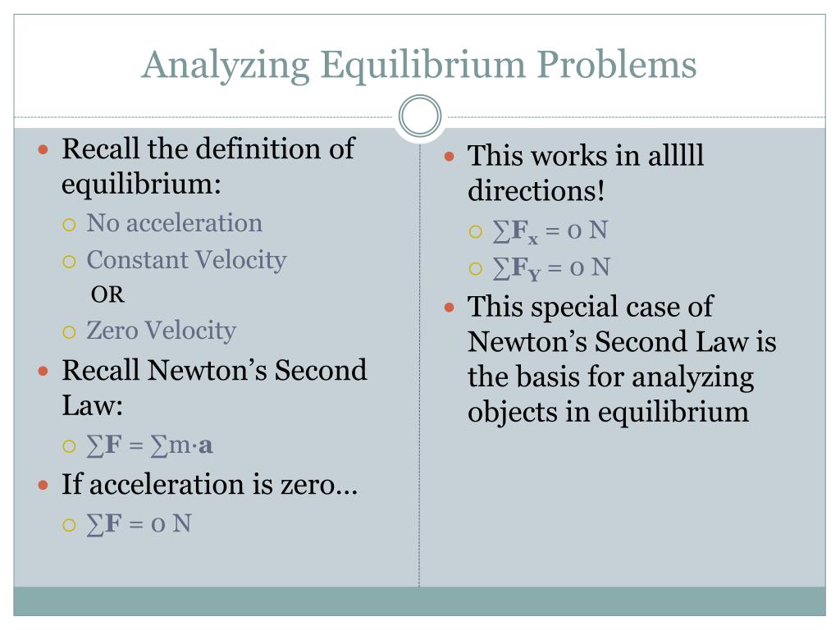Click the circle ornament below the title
tap(420, 116)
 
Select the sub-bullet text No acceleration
tap(174, 223)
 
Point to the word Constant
tap(131, 260)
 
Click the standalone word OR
tap(107, 295)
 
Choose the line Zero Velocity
tap(161, 331)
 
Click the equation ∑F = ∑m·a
tap(149, 445)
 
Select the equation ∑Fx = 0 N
tap(550, 231)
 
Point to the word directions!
tap(536, 192)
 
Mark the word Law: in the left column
tap(92, 406)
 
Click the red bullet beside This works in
tap(450, 156)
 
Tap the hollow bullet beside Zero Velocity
tap(70, 331)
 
